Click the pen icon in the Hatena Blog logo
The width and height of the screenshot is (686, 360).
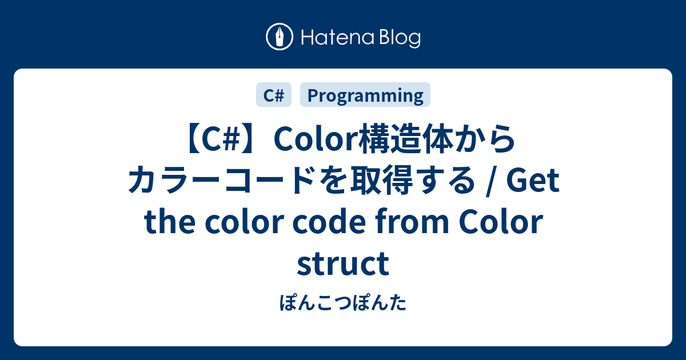tap(280, 38)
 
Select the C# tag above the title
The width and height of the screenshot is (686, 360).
tap(274, 95)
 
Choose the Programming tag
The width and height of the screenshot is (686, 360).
tap(365, 95)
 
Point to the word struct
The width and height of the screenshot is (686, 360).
tap(343, 264)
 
